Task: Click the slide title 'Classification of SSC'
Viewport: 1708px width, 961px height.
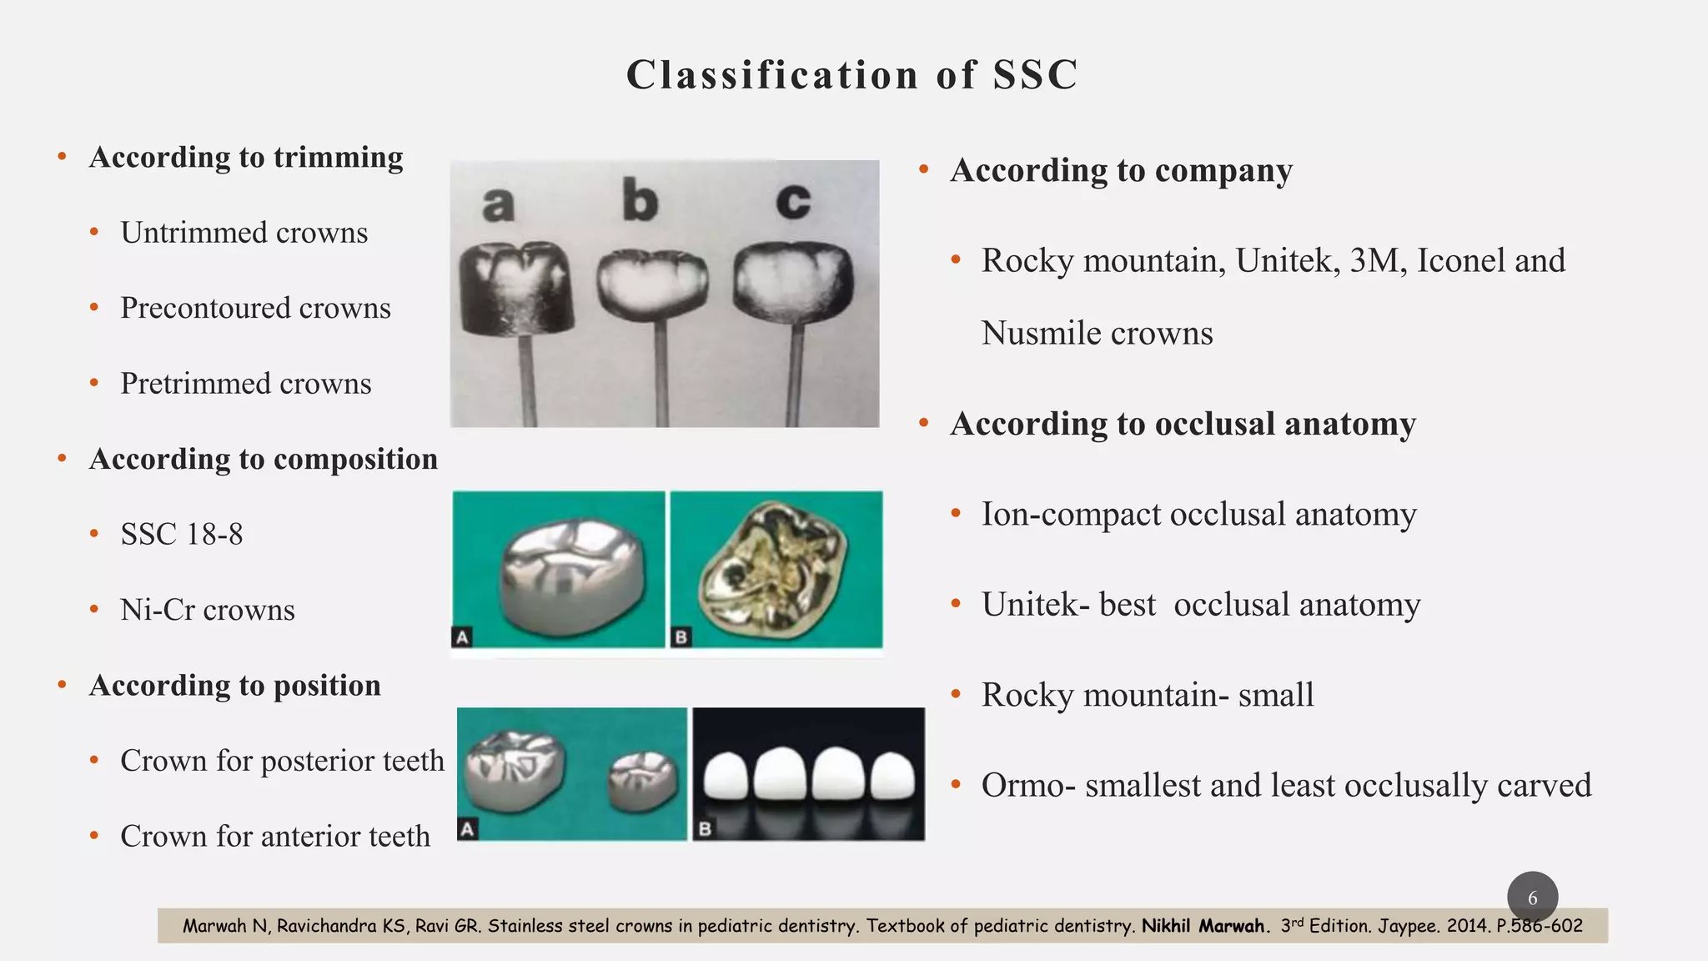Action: pos(852,75)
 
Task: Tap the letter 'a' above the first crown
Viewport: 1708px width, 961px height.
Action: pos(498,204)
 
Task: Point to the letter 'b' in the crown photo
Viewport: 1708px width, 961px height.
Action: pos(640,201)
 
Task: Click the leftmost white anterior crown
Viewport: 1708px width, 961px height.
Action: pos(723,776)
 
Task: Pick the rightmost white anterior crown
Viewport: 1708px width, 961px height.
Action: pos(892,776)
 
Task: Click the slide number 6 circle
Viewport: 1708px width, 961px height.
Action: pos(1532,898)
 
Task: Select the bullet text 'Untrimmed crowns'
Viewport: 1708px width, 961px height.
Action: pos(244,233)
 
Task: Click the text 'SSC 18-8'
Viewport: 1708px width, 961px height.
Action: pos(182,535)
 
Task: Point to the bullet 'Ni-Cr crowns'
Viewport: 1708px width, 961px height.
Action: pos(208,610)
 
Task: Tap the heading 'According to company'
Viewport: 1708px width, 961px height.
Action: pos(1121,170)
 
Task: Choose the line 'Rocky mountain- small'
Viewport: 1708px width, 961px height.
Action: pos(1147,695)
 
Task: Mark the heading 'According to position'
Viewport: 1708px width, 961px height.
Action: pos(235,686)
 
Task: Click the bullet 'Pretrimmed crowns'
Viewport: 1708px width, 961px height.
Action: pos(245,384)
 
